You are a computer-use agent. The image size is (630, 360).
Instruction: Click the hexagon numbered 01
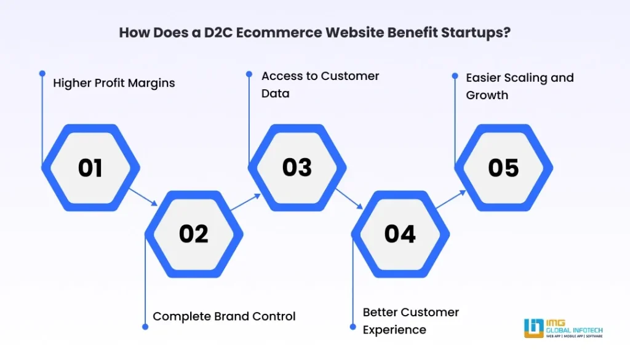[x=90, y=167]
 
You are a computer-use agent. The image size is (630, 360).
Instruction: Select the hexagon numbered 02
[x=194, y=234]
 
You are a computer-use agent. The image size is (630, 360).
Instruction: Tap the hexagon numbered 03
[x=297, y=167]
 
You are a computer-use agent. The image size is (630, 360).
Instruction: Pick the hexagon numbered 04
[x=400, y=234]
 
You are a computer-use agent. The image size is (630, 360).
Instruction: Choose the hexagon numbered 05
[x=503, y=167]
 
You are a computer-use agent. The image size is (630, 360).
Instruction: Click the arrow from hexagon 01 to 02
[x=143, y=197]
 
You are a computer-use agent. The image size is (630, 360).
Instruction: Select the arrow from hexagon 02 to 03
[x=246, y=202]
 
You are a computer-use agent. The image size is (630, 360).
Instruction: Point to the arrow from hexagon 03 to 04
[x=349, y=199]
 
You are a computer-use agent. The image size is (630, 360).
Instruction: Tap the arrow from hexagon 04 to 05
[x=451, y=199]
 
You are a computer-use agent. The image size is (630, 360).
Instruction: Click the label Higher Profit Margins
[x=114, y=83]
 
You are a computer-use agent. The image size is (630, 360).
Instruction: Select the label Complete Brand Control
[x=224, y=316]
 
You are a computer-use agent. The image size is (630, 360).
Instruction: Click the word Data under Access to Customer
[x=276, y=93]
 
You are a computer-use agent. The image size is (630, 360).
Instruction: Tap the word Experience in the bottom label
[x=394, y=330]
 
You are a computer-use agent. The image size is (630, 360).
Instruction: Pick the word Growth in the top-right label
[x=487, y=95]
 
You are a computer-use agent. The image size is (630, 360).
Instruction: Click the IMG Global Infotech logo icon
[x=533, y=328]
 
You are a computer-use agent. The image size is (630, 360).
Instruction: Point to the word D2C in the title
[x=218, y=32]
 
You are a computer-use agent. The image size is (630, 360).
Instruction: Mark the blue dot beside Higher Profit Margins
[x=42, y=73]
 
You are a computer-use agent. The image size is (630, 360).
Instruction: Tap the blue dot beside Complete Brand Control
[x=145, y=327]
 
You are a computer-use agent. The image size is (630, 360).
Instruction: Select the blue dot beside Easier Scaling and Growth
[x=455, y=76]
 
